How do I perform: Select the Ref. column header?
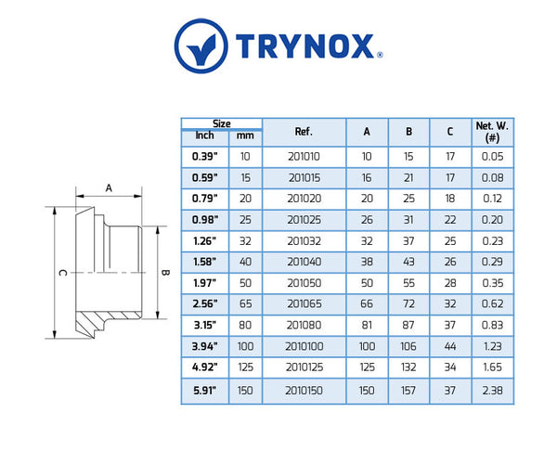(x=304, y=131)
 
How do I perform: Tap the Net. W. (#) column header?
(x=492, y=131)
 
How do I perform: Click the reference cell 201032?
(x=304, y=241)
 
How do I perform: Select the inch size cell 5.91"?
(x=204, y=391)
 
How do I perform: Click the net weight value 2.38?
(x=492, y=391)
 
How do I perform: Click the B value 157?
(x=408, y=391)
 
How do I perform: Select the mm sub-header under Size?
(x=244, y=137)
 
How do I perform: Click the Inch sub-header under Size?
(x=204, y=137)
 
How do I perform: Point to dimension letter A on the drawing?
(x=109, y=187)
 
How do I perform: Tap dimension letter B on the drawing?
(x=165, y=272)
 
